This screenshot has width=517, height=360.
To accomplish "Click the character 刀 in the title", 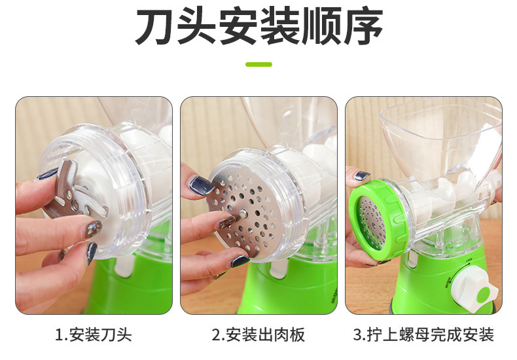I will coord(156,27).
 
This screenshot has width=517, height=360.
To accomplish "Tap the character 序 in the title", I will coord(361,27).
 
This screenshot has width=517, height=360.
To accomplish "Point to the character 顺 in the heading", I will coord(320,27).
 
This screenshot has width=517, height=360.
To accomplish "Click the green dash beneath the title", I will coord(258,64).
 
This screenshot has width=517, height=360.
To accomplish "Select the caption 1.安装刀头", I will coord(94,335).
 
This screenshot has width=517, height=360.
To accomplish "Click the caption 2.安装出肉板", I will coord(258,335).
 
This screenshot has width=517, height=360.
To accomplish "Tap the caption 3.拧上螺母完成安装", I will coord(423,335).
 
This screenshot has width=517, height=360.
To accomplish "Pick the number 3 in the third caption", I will coord(357,335).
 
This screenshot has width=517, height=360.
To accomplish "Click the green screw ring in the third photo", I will coord(375,219).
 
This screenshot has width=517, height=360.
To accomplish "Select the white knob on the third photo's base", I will coord(476,285).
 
